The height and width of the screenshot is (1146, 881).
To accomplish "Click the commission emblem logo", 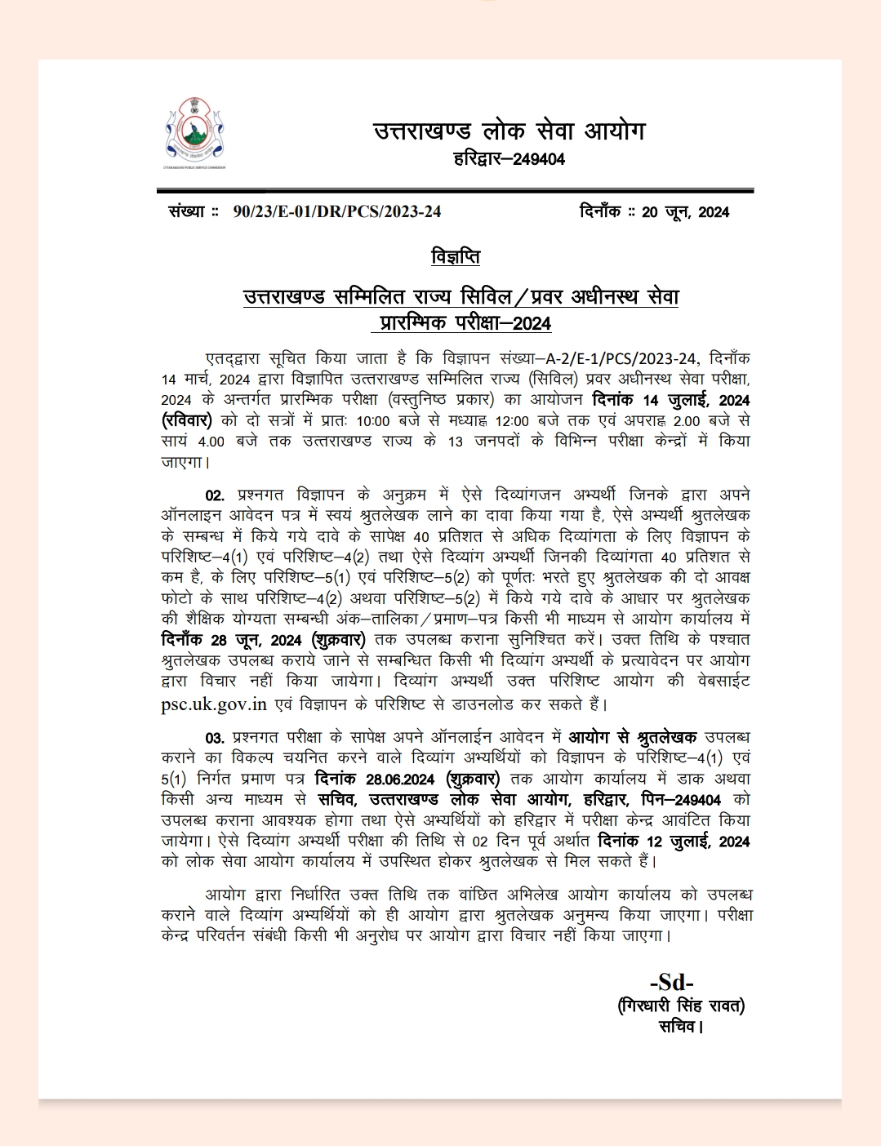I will click(195, 132).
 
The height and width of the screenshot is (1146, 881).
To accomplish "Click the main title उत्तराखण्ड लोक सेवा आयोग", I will click(509, 131).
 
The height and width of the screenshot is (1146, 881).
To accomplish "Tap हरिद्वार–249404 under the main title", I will click(509, 159).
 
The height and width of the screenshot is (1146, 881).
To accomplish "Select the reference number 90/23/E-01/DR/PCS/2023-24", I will click(336, 212).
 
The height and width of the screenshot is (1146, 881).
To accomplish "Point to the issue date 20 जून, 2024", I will click(685, 212).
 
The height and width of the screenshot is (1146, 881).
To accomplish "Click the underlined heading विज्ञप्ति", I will click(456, 257).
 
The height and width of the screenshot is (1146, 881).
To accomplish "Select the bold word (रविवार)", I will click(187, 420).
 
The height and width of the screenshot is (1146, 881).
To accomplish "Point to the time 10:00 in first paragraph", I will click(372, 421).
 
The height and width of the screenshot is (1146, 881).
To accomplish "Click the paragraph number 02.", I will click(214, 495).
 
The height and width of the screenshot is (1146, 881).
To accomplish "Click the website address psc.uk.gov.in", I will click(214, 704).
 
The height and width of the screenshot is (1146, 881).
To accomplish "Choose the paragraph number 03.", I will click(214, 738).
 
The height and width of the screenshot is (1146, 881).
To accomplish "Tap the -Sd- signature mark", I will click(671, 982).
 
